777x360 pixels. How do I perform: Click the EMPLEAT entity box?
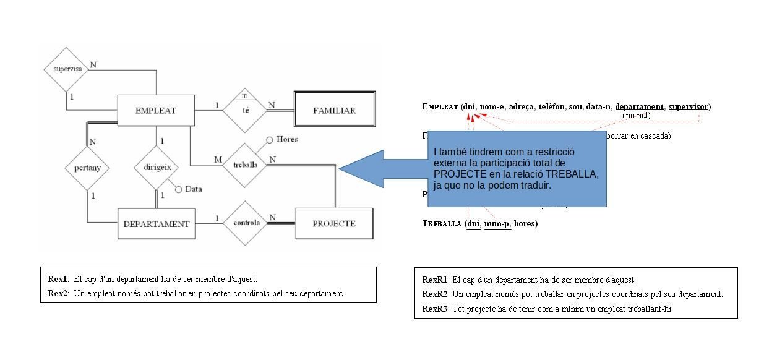[x=156, y=111]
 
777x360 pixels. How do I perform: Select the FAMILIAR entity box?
[x=335, y=111]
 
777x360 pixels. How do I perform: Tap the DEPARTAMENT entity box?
[x=157, y=224]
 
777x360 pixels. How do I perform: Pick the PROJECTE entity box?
[x=334, y=223]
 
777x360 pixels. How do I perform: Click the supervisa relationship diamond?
[x=67, y=69]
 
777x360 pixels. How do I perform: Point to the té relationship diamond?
[x=246, y=111]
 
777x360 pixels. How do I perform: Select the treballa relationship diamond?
[x=246, y=165]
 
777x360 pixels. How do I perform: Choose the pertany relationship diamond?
[x=87, y=168]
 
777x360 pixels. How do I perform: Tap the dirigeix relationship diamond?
[x=157, y=168]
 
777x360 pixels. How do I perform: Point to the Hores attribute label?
[x=288, y=139]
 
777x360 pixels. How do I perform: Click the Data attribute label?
[x=194, y=189]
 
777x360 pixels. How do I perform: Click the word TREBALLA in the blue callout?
[x=572, y=174]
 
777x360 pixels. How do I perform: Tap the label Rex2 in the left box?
[x=58, y=294]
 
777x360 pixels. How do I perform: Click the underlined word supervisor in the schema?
[x=688, y=107]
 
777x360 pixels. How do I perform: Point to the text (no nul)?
[x=636, y=116]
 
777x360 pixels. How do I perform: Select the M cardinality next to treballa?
[x=218, y=160]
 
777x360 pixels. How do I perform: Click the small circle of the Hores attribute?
[x=270, y=140]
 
